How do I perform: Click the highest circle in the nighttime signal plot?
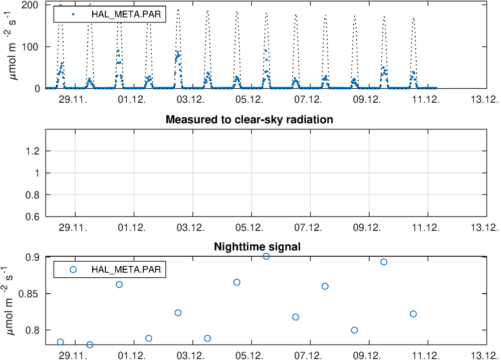266,256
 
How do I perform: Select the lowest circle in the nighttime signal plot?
90,344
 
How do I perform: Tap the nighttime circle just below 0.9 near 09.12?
384,262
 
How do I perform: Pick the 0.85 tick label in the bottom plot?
30,294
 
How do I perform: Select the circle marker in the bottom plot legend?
73,269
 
